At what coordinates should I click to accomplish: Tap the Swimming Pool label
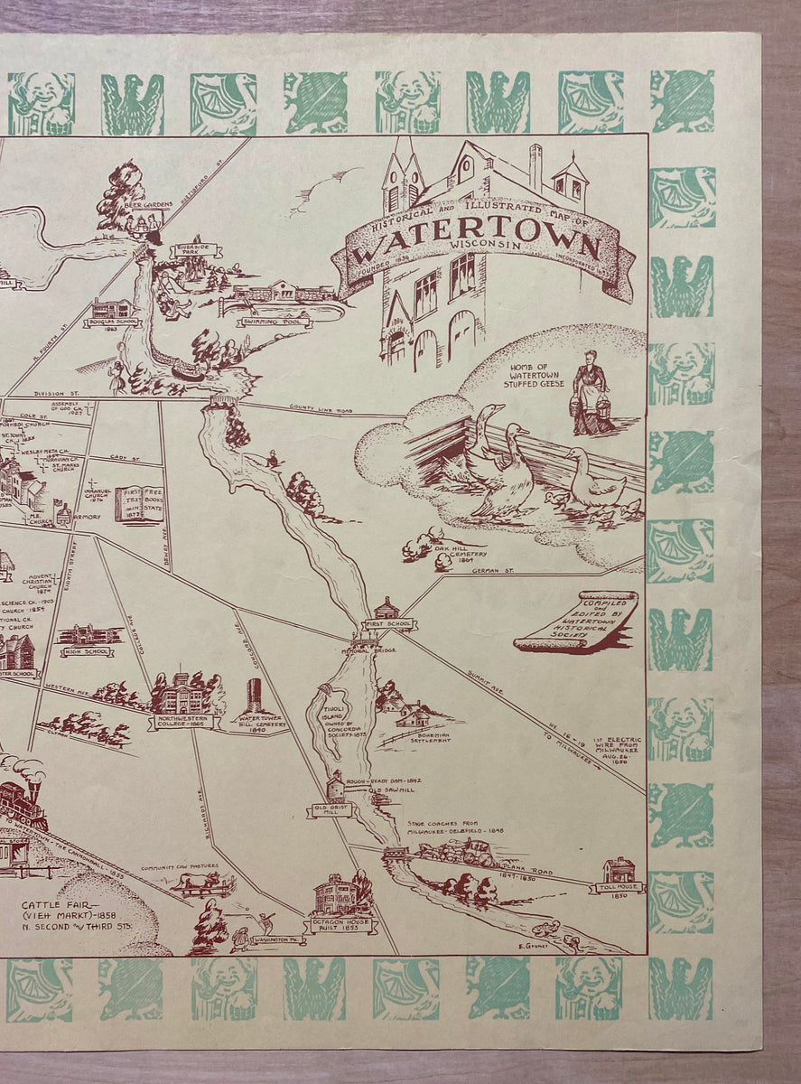(275, 322)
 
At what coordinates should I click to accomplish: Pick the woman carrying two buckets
(591, 395)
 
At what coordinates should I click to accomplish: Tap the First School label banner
(389, 623)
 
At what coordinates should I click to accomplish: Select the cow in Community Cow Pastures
(198, 883)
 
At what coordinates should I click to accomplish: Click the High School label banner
(87, 650)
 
